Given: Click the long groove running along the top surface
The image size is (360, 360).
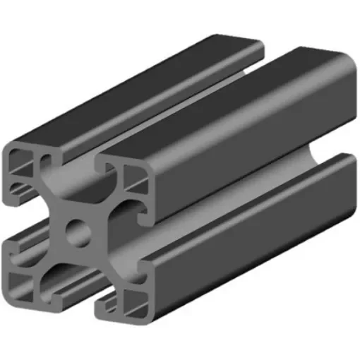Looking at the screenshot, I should click(x=176, y=106).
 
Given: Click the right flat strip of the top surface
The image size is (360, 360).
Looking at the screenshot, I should click(x=233, y=106).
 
